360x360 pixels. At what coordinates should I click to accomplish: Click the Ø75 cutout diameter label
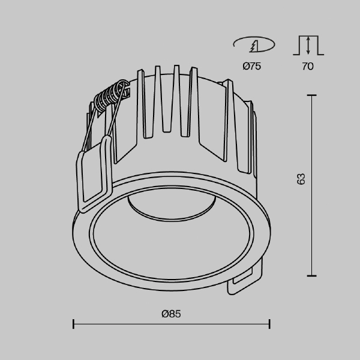(x=252, y=67)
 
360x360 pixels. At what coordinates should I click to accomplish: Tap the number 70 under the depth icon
(x=307, y=67)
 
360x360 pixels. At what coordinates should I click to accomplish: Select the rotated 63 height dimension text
(x=301, y=179)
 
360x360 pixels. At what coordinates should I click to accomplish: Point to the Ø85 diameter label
(x=172, y=313)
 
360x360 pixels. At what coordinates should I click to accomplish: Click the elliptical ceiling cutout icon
(x=253, y=44)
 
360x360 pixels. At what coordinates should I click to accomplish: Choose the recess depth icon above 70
(x=308, y=45)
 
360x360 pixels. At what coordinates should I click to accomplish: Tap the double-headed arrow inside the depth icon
(x=308, y=46)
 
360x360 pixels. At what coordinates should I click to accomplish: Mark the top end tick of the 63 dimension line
(x=311, y=94)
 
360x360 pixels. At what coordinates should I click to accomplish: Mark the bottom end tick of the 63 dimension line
(x=311, y=275)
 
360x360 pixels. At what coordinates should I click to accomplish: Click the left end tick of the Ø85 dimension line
(x=73, y=325)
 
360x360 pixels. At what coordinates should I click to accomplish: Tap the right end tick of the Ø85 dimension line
(x=269, y=325)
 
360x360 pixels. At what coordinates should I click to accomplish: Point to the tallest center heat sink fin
(x=176, y=96)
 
